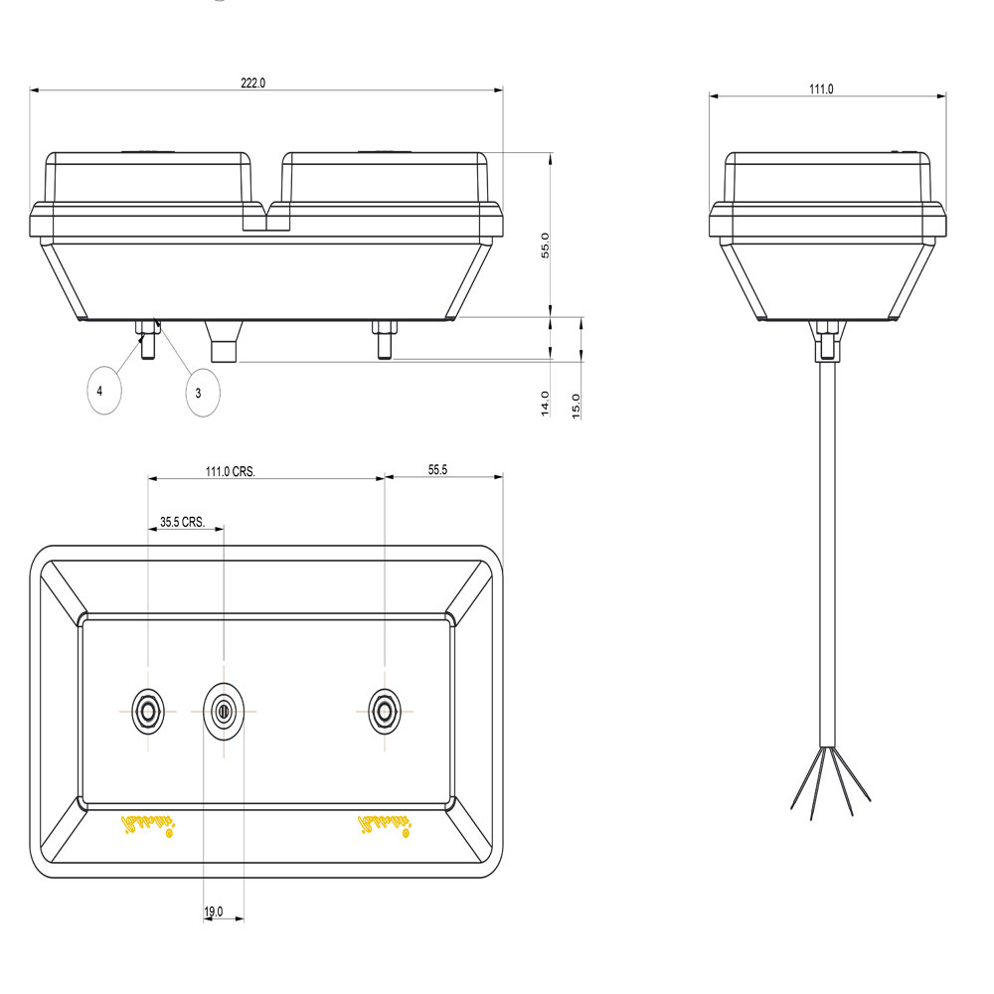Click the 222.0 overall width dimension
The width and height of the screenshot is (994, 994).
coord(252,83)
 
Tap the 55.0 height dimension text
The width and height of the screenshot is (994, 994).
coord(545,245)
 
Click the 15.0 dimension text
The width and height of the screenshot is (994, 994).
coord(576,406)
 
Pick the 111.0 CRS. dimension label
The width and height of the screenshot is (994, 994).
coord(231,472)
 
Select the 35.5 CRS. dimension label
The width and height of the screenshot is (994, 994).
coord(182,521)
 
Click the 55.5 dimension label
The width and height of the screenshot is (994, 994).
coord(437,470)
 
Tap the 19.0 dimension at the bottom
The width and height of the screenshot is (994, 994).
coord(213,911)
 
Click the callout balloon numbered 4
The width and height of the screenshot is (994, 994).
coord(100,392)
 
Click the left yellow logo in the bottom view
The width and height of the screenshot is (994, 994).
coord(146,825)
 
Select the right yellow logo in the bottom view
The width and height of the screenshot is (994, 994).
coord(385,825)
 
